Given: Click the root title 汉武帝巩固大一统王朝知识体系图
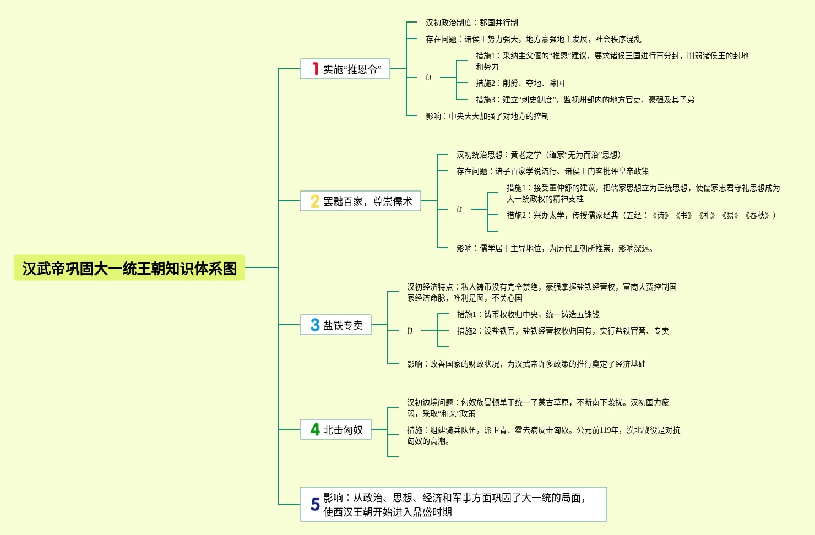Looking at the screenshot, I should coord(129,268).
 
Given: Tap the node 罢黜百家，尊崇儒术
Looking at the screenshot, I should coord(367,201).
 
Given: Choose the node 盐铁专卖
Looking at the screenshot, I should coord(343,325).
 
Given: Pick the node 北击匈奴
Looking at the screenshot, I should coord(343,430).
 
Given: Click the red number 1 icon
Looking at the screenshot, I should coord(315,69).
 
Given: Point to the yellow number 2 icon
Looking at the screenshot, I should coord(315,201).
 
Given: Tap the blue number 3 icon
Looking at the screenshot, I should coord(315,325).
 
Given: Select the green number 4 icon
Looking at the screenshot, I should coord(315,429).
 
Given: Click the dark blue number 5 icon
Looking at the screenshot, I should coord(315,504).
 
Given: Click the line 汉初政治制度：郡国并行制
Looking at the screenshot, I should coord(471,23).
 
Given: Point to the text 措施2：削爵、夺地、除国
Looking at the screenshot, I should coord(520,83).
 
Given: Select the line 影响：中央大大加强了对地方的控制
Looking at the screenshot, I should coord(487,116).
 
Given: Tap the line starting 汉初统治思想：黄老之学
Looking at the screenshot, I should coord(539,155).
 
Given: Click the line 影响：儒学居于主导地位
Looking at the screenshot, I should coord(555,248).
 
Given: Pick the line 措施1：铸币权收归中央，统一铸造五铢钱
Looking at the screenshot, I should coord(528,314).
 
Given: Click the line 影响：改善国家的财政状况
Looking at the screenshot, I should coord(526,364).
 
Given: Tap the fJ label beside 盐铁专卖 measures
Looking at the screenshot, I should coord(410,331).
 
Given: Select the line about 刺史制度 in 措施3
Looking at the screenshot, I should coord(585,100).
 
